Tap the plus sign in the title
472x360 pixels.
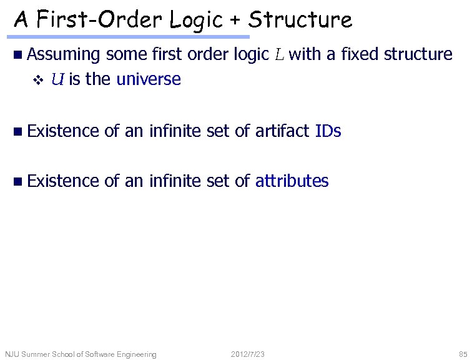(237, 21)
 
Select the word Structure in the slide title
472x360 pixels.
(300, 21)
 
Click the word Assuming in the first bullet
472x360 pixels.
(64, 55)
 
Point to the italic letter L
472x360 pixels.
(278, 55)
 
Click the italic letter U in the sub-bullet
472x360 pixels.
(57, 79)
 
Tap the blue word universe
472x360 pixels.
(149, 79)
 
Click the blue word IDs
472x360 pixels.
(328, 131)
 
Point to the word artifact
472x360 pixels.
(282, 131)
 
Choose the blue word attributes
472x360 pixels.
(292, 181)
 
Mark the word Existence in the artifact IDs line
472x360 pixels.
(64, 131)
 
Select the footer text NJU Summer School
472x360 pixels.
(81, 354)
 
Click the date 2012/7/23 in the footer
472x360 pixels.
(247, 354)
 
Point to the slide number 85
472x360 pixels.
(462, 354)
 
